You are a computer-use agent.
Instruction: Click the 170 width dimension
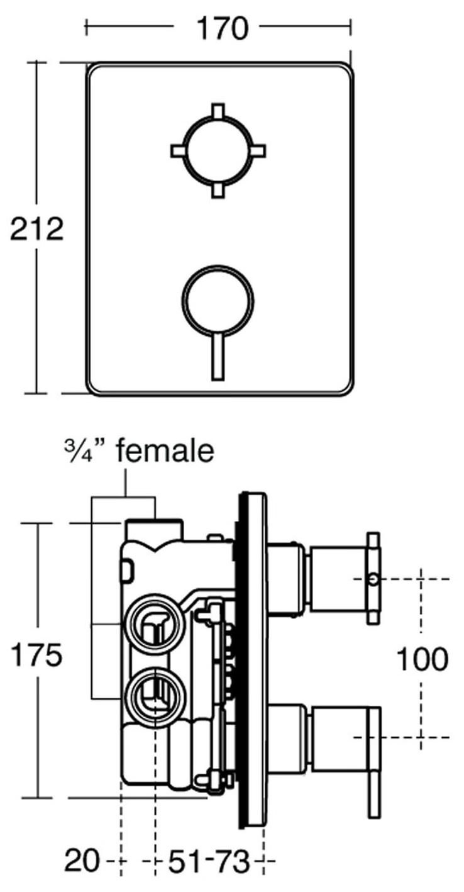point(217,29)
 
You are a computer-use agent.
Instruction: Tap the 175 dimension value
point(36,657)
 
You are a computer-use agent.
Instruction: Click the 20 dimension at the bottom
point(81,861)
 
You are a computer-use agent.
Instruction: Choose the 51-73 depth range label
point(207,861)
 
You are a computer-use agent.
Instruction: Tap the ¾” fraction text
point(84,451)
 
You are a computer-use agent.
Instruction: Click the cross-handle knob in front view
point(218,150)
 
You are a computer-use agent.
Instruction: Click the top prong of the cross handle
point(218,110)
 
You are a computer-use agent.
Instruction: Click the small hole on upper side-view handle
point(373,577)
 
